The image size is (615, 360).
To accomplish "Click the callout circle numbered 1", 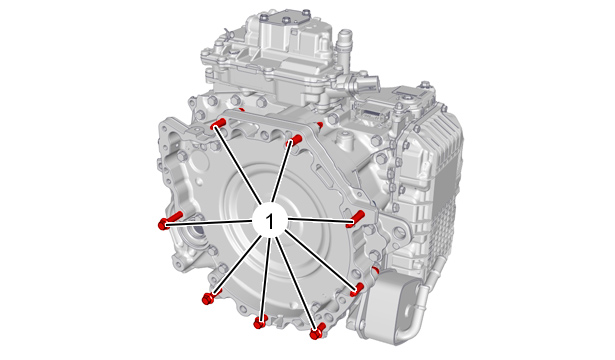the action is [x=270, y=221].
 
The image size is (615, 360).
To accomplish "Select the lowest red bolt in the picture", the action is [x=317, y=332].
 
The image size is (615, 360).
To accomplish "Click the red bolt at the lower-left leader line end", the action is [x=210, y=297].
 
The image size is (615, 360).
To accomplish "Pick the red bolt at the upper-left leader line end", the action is [x=218, y=124].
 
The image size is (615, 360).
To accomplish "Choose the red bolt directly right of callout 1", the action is [x=355, y=218].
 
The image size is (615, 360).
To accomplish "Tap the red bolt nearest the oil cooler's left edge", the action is [x=357, y=289].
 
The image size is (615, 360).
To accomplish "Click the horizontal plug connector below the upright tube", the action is [x=359, y=83].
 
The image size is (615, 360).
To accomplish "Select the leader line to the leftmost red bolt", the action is [x=209, y=223].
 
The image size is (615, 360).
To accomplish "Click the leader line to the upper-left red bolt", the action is [x=238, y=165].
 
